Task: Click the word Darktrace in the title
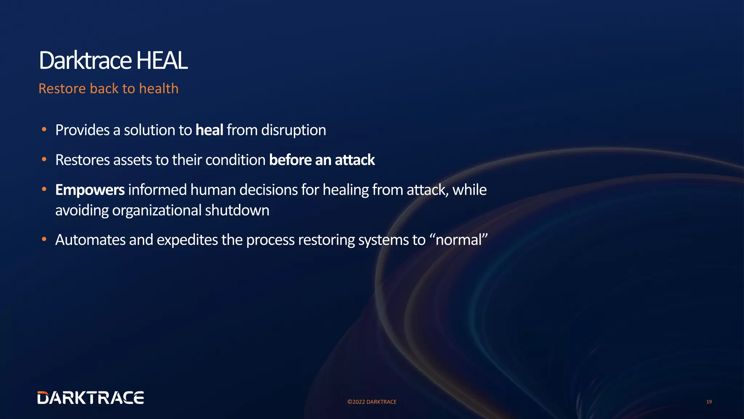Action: coord(85,60)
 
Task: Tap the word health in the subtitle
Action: coord(159,89)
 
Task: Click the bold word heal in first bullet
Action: coord(209,130)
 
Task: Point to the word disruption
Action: coord(294,130)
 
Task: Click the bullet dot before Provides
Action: coord(44,129)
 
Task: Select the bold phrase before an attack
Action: coord(322,160)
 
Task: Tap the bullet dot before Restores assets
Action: coord(44,159)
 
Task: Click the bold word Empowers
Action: coord(90,190)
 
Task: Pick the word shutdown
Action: coord(237,211)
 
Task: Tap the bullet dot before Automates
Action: coord(44,239)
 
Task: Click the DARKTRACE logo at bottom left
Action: coord(90,398)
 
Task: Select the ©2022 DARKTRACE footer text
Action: coord(372,402)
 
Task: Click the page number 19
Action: coord(709,402)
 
